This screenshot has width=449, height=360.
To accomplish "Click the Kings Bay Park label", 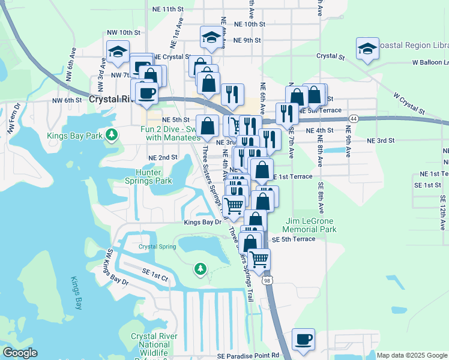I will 74,136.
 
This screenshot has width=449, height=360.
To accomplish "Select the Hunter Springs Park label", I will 148,176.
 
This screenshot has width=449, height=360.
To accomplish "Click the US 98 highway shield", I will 268,280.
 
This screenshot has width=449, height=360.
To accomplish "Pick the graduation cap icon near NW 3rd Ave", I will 118,52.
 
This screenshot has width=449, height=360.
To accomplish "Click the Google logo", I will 20,353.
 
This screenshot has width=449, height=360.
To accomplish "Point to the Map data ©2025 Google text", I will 412,355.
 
